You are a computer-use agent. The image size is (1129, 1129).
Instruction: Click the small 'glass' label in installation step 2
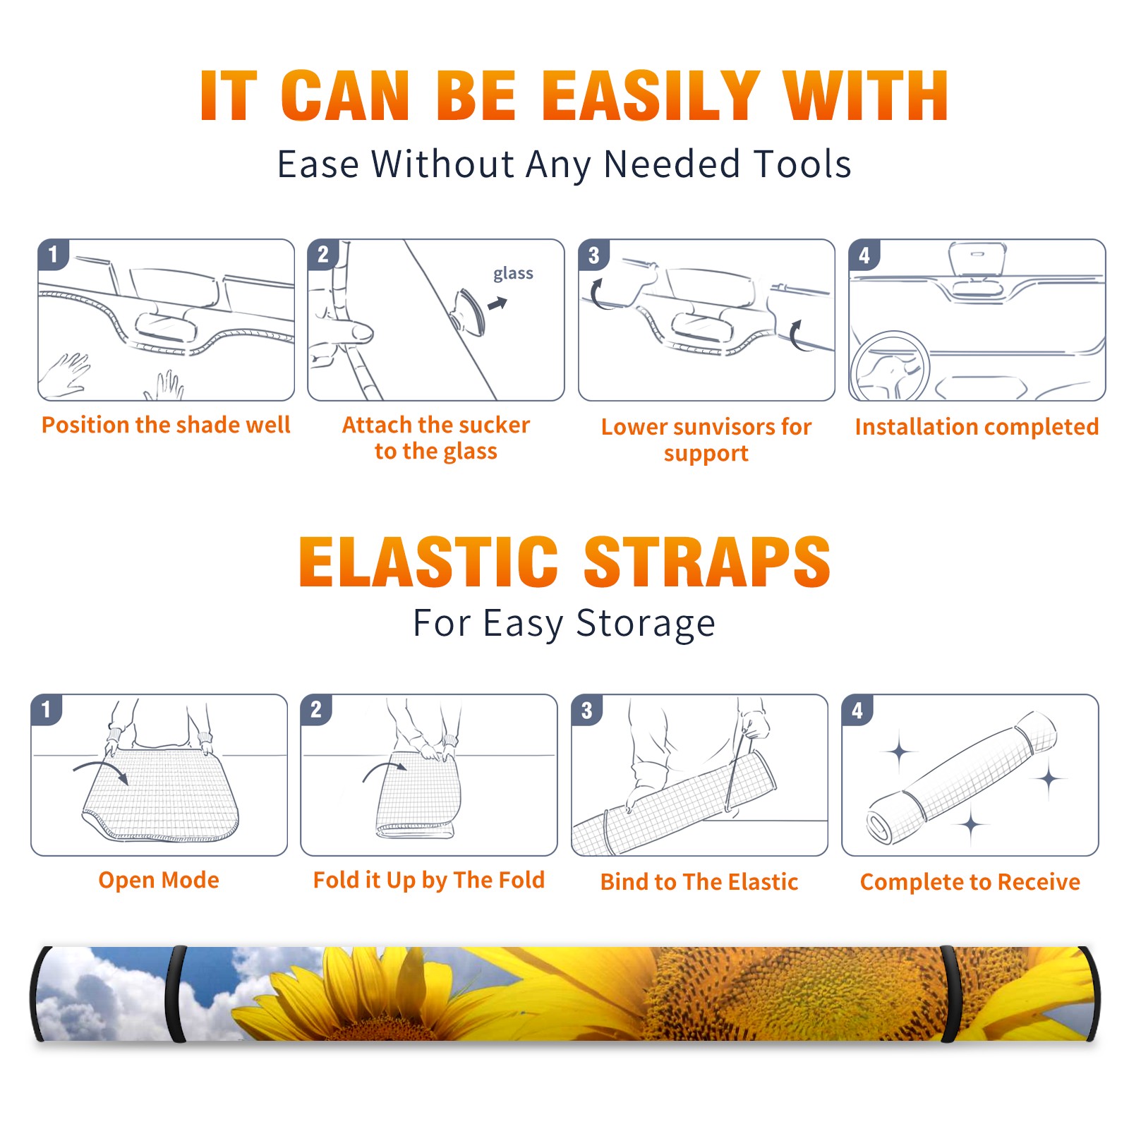tap(513, 274)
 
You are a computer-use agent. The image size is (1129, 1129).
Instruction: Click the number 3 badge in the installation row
tap(594, 255)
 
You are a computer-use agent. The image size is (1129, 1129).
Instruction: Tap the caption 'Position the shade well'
tap(166, 425)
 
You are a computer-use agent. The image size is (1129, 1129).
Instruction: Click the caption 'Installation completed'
tap(977, 427)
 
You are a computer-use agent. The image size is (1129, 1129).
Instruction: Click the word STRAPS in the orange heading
tap(707, 562)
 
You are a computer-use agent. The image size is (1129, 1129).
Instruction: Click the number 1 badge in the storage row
tap(47, 709)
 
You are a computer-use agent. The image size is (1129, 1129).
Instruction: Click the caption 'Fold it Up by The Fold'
tap(429, 880)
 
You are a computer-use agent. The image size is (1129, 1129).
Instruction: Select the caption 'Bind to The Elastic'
tap(699, 882)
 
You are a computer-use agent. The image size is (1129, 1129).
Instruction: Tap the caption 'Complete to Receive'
tap(970, 882)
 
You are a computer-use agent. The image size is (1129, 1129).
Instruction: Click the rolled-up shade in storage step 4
tap(962, 778)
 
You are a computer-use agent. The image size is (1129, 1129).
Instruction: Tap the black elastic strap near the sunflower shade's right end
tap(949, 994)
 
